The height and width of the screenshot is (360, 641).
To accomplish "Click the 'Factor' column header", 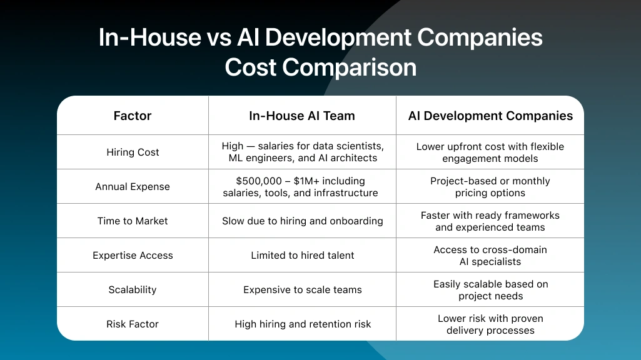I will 133,116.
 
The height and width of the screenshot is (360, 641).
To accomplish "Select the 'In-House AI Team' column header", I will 302,116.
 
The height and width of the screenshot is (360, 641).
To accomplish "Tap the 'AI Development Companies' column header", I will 490,116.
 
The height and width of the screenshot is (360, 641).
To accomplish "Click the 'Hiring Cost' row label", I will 133,152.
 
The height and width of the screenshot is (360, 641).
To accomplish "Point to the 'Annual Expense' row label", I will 133,186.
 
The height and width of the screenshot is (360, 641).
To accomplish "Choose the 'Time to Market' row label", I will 133,221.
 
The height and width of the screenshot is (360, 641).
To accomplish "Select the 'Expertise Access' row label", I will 133,255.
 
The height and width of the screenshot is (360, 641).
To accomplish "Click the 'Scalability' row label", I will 133,289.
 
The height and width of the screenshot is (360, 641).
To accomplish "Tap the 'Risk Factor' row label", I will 133,324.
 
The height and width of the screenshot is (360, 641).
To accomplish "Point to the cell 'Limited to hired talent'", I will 303,255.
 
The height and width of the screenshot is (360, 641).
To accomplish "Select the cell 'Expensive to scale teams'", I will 303,289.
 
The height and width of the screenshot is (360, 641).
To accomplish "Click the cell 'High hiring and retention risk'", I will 303,324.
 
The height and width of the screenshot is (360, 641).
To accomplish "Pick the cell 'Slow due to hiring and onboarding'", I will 303,221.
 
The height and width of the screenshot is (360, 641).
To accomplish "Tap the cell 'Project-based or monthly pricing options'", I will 490,186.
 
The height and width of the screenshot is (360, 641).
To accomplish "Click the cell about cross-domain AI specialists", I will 490,255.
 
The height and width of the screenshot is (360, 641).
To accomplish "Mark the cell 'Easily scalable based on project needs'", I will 490,289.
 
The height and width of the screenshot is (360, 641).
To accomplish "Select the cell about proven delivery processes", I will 490,324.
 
